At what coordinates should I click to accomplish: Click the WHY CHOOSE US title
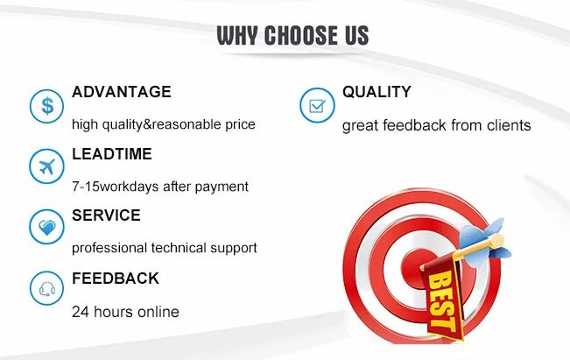(x=292, y=35)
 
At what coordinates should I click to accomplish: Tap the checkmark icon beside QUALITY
(x=315, y=106)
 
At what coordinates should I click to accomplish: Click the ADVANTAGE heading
(x=122, y=92)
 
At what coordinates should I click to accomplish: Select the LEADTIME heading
(x=112, y=154)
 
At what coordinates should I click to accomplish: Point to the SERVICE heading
(x=106, y=215)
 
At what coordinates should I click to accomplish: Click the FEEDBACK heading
(x=116, y=279)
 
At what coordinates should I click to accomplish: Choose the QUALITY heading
(x=376, y=92)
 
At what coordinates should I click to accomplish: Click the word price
(x=238, y=124)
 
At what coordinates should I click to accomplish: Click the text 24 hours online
(x=125, y=311)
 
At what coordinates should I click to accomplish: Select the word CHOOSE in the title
(x=302, y=35)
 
